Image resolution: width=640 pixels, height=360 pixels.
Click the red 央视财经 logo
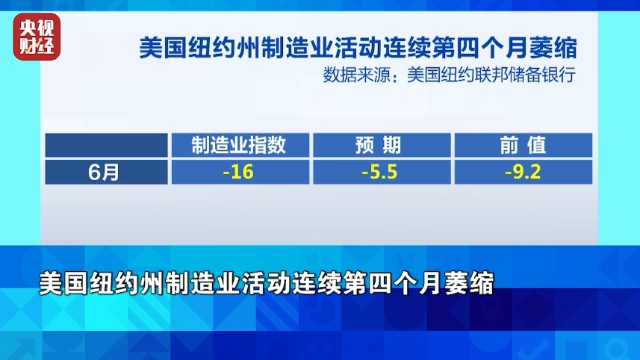tap(37, 37)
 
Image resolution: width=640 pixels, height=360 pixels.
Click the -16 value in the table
tap(238, 172)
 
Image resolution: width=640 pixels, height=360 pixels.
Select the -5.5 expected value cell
tap(382, 172)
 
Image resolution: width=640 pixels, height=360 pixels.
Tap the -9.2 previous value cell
tap(524, 172)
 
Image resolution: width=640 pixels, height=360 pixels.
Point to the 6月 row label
tap(103, 173)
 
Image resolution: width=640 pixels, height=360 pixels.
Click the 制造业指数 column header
tap(239, 145)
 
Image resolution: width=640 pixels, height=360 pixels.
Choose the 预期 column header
tap(378, 145)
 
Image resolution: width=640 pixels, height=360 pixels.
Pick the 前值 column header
tap(523, 145)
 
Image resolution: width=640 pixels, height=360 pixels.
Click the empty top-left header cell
tap(107, 145)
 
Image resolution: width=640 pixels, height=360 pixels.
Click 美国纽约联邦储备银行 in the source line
tap(491, 75)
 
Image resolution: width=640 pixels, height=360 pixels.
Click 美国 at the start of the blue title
tap(163, 48)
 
